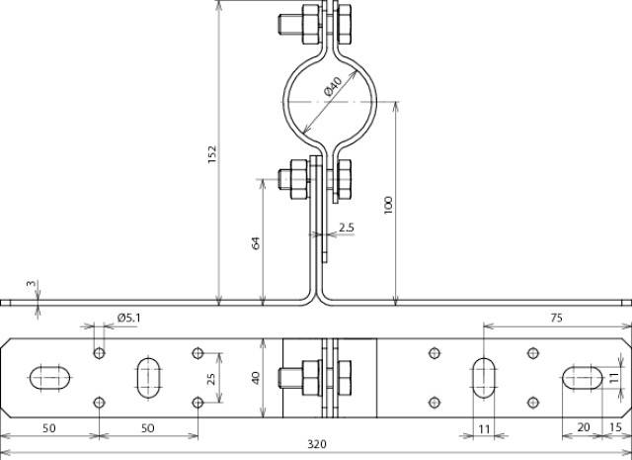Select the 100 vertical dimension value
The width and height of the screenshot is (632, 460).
pos(389,205)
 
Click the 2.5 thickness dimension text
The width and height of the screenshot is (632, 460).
pos(347,228)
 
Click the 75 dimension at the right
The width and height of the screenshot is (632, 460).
pos(556,318)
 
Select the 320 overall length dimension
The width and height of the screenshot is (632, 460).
pos(316,444)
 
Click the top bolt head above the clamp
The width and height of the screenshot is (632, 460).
pos(291,23)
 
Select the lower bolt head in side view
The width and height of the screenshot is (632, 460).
pos(292,179)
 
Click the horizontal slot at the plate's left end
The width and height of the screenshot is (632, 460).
pos(50,377)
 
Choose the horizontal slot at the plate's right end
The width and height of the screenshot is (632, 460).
pos(584,377)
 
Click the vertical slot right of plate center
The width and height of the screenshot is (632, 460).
pos(485,377)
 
